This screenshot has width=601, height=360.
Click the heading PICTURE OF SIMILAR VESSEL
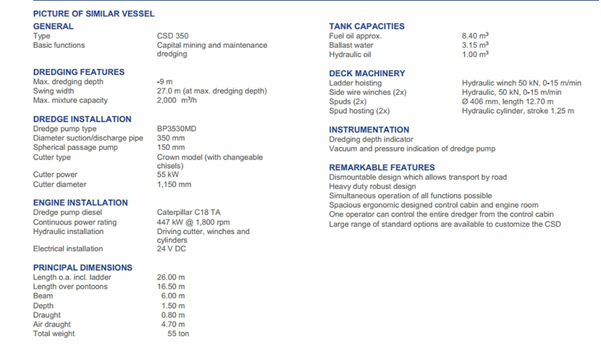[93, 14]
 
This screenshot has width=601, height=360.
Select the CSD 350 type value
[174, 35]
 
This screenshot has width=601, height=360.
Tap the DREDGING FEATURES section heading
[79, 72]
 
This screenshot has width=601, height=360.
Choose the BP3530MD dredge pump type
[177, 129]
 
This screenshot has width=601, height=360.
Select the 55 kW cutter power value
[168, 175]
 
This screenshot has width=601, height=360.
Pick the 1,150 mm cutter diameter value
[174, 185]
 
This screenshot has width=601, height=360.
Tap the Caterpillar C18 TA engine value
[188, 213]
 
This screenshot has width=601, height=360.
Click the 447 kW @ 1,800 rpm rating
[193, 222]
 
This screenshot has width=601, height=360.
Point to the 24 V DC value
[171, 249]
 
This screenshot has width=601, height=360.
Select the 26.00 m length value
[171, 277]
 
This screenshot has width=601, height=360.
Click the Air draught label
[52, 325]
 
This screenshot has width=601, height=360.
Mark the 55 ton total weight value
[178, 334]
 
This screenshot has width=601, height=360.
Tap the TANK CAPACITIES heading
[366, 26]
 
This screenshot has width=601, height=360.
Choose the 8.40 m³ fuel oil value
[475, 35]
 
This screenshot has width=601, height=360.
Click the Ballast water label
[351, 45]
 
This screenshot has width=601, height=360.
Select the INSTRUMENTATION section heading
[369, 130]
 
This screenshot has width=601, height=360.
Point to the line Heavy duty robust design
[372, 186]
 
